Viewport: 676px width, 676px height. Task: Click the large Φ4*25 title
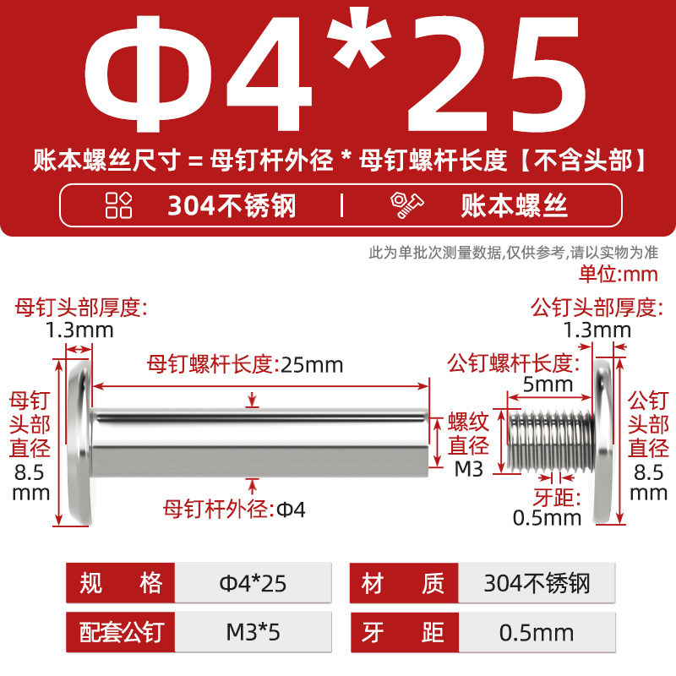[335, 73]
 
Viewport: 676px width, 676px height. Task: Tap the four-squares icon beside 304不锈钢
[118, 204]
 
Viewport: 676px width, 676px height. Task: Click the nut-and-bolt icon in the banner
[406, 204]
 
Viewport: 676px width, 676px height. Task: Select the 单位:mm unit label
[619, 274]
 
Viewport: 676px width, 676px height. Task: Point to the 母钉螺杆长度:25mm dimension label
[245, 364]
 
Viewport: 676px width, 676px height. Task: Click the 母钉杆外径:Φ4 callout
[234, 510]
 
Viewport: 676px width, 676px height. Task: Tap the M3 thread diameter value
[469, 469]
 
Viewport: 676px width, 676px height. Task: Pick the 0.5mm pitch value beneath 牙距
[547, 518]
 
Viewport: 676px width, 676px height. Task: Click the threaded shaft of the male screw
[551, 441]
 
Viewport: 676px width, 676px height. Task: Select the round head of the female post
[80, 442]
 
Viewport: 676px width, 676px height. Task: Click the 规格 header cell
[120, 583]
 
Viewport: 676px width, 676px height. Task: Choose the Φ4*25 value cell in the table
[253, 583]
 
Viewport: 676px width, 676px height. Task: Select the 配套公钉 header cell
[120, 632]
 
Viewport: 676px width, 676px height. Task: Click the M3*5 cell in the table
[253, 632]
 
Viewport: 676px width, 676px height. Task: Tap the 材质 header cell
[404, 583]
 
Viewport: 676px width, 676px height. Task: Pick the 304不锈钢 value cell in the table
[537, 583]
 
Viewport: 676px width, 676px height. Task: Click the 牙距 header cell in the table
[404, 632]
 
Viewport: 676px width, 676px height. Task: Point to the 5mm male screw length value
[548, 384]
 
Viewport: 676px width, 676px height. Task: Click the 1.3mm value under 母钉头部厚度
[79, 330]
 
